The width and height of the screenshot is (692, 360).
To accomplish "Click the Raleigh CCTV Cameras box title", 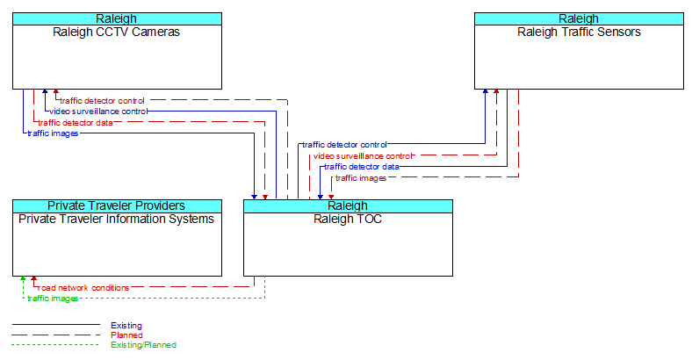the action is pyautogui.click(x=117, y=32).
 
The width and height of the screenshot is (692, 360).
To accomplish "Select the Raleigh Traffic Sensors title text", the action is pyautogui.click(x=579, y=32).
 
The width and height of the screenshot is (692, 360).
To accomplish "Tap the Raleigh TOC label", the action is pyautogui.click(x=348, y=220).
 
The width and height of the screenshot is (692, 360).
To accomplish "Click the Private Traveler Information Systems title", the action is pyautogui.click(x=117, y=220).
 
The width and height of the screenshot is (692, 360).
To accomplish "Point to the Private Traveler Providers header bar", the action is pyautogui.click(x=117, y=206).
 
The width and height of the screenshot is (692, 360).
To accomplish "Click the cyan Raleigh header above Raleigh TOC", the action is pyautogui.click(x=348, y=206).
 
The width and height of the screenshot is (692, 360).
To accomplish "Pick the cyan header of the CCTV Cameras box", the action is pyautogui.click(x=117, y=19).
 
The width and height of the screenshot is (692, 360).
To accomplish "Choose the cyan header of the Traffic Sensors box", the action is pyautogui.click(x=579, y=19).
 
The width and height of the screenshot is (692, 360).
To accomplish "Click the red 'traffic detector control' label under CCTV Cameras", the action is pyautogui.click(x=102, y=101).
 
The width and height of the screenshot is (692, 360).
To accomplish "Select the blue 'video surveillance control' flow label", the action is pyautogui.click(x=98, y=112).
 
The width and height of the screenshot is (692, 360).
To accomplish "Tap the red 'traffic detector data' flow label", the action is pyautogui.click(x=75, y=123).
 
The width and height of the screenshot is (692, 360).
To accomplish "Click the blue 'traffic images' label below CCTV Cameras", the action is pyautogui.click(x=53, y=133).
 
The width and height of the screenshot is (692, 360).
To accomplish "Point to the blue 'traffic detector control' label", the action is pyautogui.click(x=344, y=145).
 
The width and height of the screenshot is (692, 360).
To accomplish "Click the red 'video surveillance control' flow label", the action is pyautogui.click(x=363, y=156).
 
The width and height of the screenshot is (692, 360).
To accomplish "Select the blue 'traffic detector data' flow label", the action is pyautogui.click(x=362, y=167).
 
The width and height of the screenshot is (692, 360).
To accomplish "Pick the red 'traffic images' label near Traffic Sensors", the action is pyautogui.click(x=361, y=178).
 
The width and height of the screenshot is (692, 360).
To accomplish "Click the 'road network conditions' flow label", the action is pyautogui.click(x=83, y=288).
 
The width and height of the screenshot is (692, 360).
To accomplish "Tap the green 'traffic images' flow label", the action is pyautogui.click(x=53, y=299).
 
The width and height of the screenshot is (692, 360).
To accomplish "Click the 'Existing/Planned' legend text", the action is pyautogui.click(x=143, y=345).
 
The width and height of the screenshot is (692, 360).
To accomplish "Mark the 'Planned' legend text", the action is pyautogui.click(x=126, y=335).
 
